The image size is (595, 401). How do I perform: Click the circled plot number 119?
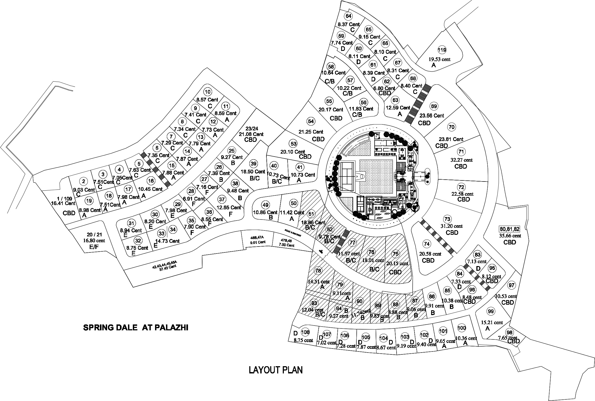click(442, 50)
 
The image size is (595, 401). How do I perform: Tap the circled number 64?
click(348, 16)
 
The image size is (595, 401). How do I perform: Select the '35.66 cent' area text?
click(510, 236)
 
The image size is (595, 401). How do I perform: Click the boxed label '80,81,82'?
click(510, 229)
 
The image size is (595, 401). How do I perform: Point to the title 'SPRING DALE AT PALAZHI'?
click(136, 327)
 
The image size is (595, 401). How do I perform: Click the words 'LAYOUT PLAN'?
click(276, 370)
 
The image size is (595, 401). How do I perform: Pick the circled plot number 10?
click(207, 92)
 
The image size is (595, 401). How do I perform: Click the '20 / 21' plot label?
click(94, 235)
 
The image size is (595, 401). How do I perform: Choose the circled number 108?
click(306, 332)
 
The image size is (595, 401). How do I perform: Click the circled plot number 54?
click(311, 121)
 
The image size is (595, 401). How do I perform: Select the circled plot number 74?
click(427, 244)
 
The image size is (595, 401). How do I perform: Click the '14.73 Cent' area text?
click(167, 241)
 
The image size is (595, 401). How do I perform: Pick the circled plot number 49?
click(265, 205)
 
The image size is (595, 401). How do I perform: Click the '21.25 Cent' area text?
click(311, 132)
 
